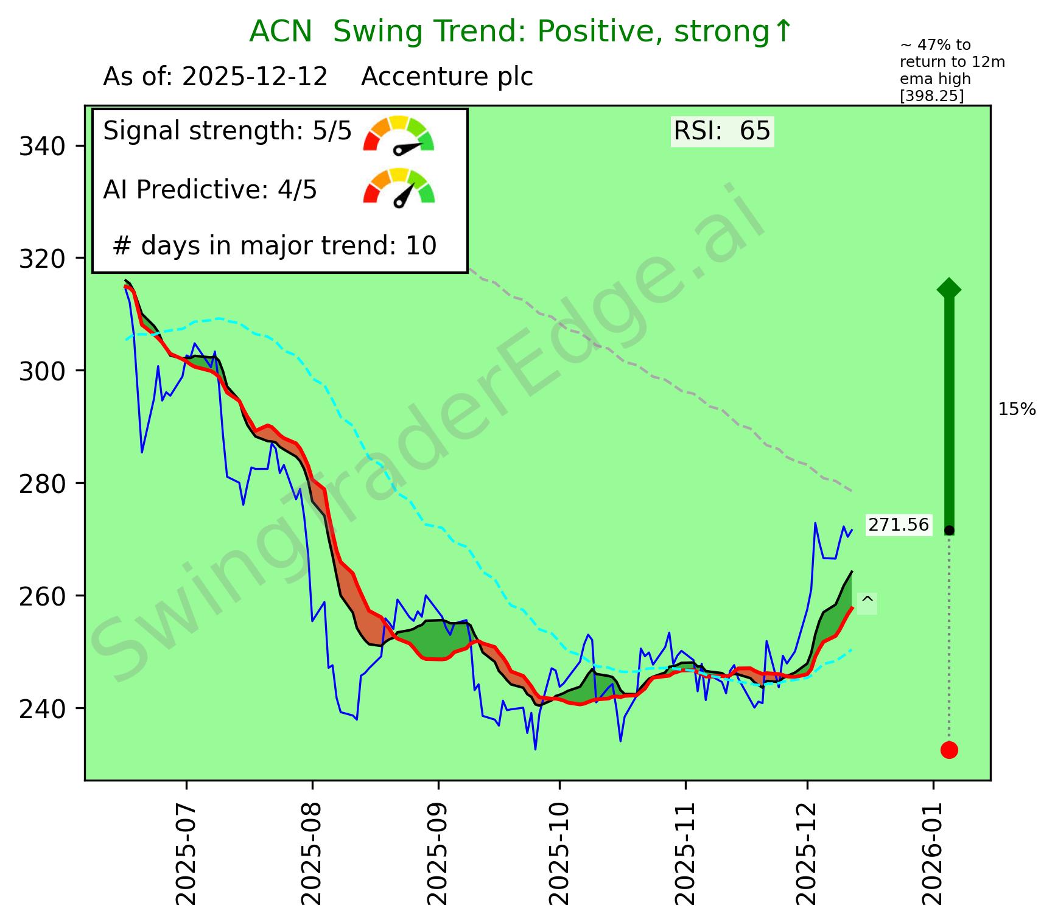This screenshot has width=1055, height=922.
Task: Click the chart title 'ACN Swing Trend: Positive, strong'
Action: click(x=521, y=32)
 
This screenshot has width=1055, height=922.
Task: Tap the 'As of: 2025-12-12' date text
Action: click(x=216, y=77)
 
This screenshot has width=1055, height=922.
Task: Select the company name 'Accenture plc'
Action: click(x=447, y=77)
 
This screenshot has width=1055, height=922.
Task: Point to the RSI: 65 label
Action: click(x=722, y=131)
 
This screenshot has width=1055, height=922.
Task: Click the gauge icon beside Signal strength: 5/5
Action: click(x=399, y=133)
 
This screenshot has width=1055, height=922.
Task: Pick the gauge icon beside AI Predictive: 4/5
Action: click(x=399, y=188)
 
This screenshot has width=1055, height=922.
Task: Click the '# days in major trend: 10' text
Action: click(x=275, y=246)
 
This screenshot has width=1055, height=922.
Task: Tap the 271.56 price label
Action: click(x=899, y=525)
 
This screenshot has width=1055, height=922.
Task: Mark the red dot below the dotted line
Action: click(x=949, y=750)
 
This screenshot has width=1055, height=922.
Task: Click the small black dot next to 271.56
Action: click(x=949, y=531)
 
